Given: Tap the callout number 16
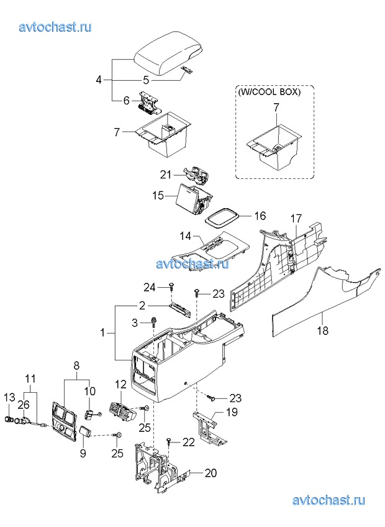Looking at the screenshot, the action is point(260,216).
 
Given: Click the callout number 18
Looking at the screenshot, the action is point(322,331).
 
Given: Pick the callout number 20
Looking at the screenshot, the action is point(211,473).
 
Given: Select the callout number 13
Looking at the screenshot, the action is point(10,397).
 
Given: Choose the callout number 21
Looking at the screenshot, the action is point(166,175).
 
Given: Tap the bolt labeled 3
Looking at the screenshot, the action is point(154,322).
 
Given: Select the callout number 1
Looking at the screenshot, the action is point(103,332).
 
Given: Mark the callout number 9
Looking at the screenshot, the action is point(83,454).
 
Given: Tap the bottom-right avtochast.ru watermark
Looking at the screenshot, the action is point(328,500).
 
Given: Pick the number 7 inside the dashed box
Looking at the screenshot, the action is point(276,108).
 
